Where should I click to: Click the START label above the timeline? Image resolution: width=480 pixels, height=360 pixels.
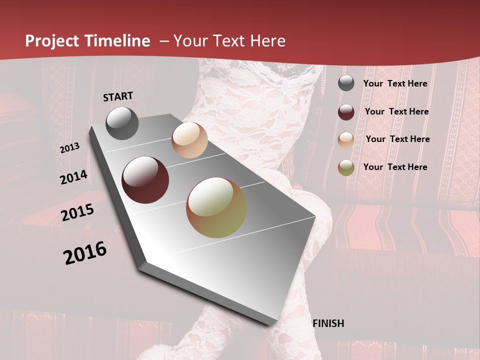tap(118, 96)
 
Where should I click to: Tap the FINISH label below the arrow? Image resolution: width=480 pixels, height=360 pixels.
tap(328, 323)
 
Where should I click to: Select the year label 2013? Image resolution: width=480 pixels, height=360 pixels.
tap(70, 148)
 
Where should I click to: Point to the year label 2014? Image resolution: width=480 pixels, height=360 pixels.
tap(73, 177)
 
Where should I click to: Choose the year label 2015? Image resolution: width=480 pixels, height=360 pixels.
tap(77, 212)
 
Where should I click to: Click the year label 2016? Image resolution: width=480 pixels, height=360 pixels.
tap(85, 252)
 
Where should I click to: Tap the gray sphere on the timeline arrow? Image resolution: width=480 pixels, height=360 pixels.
tap(122, 123)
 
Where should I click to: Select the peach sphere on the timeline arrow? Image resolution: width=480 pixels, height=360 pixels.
tap(189, 140)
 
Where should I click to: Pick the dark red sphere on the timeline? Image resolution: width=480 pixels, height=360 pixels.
tap(145, 180)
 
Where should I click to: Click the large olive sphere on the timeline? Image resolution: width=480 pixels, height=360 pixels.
tap(216, 207)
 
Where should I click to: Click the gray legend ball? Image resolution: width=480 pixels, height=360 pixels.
tap(346, 83)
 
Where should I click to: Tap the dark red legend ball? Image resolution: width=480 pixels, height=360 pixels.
tap(346, 112)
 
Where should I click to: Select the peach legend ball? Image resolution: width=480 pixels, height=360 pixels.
tap(346, 140)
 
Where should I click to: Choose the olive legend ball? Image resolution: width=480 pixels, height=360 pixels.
tap(346, 167)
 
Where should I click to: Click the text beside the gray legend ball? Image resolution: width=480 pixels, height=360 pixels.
tap(395, 83)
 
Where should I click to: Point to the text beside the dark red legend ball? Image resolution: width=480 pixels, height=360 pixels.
tap(396, 111)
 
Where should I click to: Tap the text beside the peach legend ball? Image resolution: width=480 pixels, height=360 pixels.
tap(397, 139)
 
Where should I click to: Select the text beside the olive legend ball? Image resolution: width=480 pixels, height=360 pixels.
tap(395, 167)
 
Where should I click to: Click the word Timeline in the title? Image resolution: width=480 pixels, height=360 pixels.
tap(118, 41)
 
